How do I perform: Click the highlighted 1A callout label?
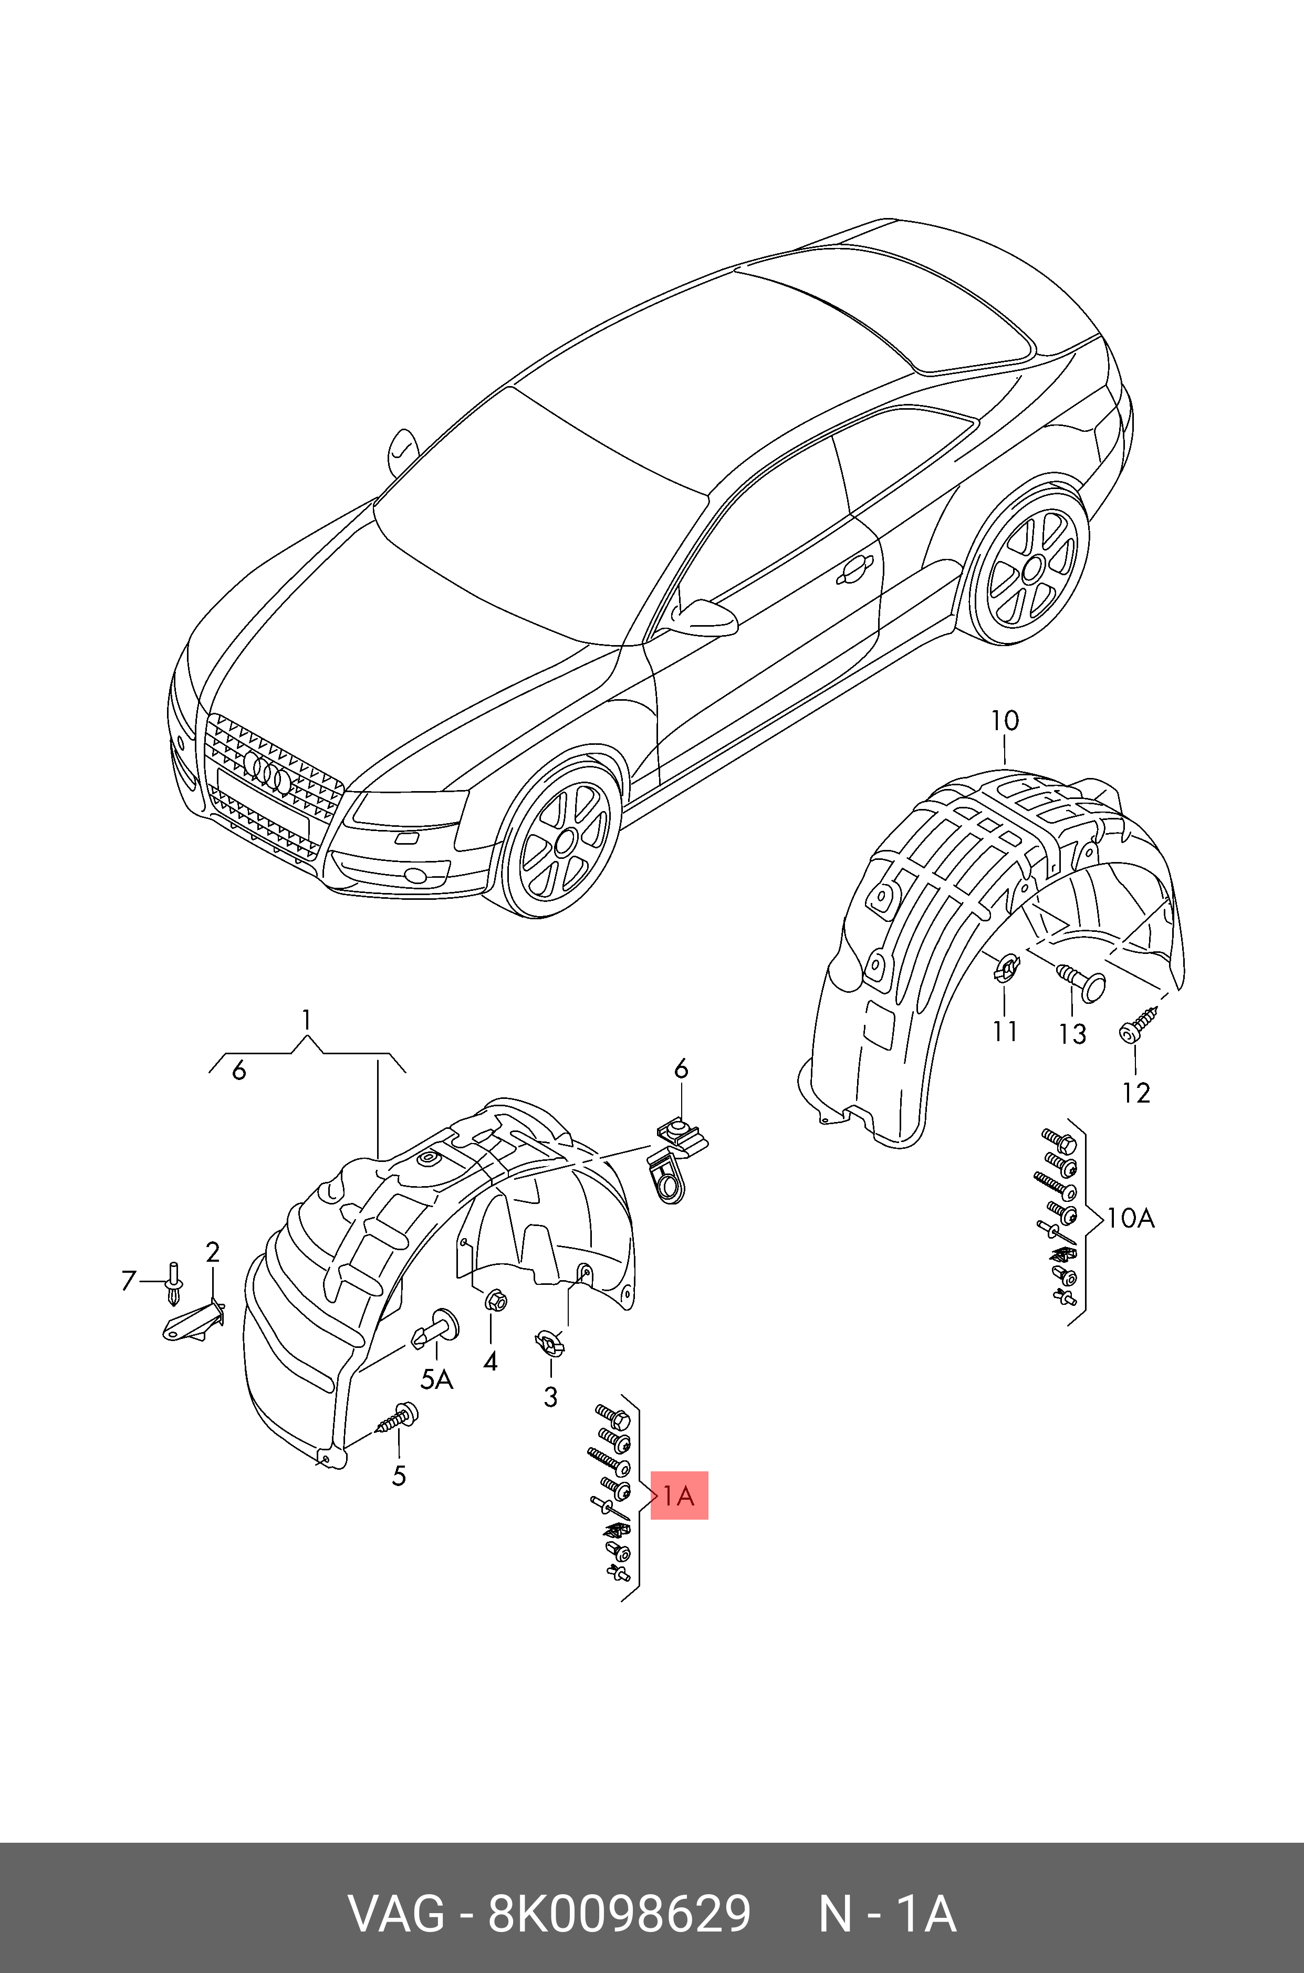[679, 1496]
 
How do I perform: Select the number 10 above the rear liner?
[1005, 720]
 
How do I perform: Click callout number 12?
[1136, 1092]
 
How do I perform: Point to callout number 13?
[1073, 1034]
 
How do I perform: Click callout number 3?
[550, 1397]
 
